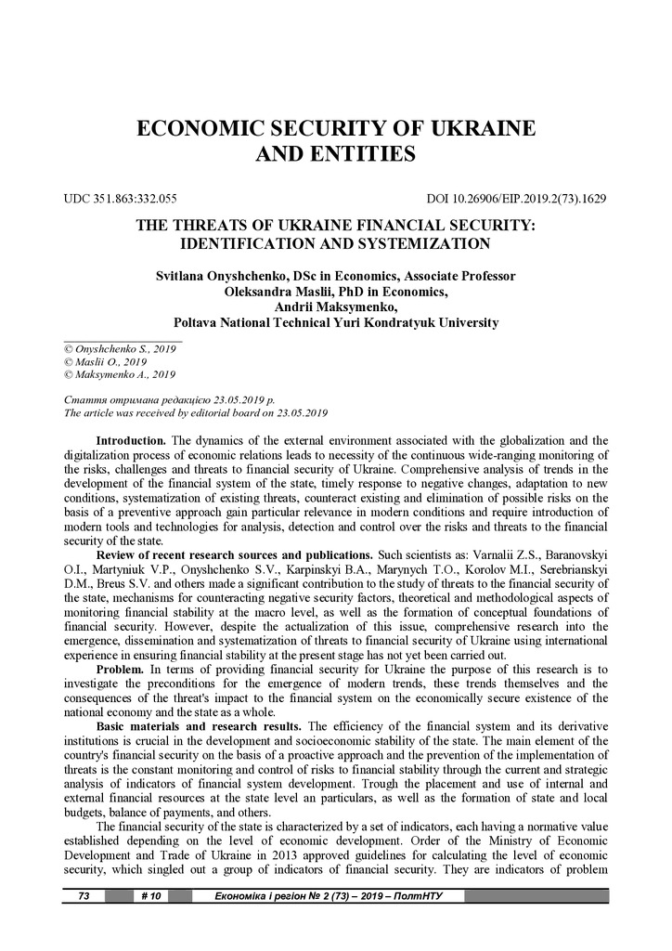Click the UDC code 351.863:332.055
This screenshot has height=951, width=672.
[x=120, y=199]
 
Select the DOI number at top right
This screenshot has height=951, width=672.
[x=515, y=199]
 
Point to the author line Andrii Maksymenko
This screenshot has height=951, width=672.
[x=335, y=307]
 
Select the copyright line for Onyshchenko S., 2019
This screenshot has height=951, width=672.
[x=119, y=348]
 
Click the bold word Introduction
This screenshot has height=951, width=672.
[x=131, y=439]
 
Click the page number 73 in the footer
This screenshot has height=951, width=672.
[x=83, y=896]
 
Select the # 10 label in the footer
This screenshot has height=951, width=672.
[x=150, y=896]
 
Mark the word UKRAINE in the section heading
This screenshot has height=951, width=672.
[x=479, y=128]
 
